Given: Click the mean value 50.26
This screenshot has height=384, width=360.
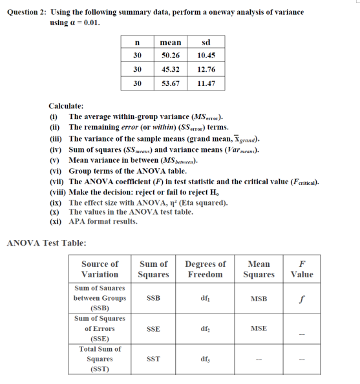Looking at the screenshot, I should pos(170,56).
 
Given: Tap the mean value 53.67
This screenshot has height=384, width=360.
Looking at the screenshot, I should pos(170,83).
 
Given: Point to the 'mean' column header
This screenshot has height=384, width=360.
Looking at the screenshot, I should pos(170,42).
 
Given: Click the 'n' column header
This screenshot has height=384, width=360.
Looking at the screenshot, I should pos(137,42).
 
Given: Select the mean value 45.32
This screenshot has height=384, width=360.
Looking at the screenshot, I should pos(170,69).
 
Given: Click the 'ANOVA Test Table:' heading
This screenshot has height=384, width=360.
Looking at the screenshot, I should pos(46,243).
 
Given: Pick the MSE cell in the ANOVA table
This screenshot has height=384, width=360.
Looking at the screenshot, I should pos(259,328).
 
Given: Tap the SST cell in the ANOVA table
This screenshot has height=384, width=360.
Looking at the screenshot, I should pos(153,359).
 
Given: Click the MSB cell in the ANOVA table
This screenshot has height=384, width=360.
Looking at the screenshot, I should pos(259,299).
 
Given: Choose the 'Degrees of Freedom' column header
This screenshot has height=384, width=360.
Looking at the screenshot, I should pos(206,269).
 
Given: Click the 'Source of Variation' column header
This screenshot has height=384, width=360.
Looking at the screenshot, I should pos(100,269).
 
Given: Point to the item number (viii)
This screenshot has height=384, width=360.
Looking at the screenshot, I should pos(58,192).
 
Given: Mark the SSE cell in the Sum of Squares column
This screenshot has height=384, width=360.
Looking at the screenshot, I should pos(153,328).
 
